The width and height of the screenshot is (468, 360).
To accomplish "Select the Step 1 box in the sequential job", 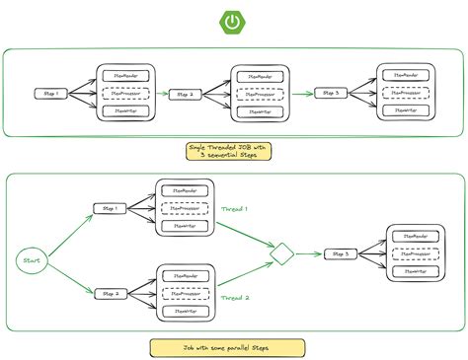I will [x=51, y=95].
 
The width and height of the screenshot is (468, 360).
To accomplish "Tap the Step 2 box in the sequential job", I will [x=185, y=95].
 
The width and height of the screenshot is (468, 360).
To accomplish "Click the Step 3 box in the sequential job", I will [x=331, y=94].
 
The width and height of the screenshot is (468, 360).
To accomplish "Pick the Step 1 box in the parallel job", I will [x=108, y=208].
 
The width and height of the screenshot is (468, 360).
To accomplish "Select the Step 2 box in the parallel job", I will [x=108, y=292].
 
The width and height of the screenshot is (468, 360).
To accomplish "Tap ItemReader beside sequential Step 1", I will [x=126, y=76].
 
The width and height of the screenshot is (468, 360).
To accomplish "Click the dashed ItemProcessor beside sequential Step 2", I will [x=261, y=95].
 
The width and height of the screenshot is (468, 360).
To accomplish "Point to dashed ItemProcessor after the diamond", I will [x=419, y=254].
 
